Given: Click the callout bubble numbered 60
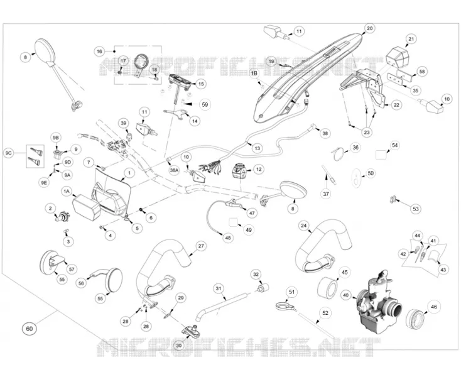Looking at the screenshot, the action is [30, 328].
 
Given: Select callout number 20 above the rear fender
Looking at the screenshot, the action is [369, 28].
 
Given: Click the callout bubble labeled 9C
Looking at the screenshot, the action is [9, 153].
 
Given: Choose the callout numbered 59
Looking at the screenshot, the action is [205, 104].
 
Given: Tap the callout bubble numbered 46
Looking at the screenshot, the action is [433, 307].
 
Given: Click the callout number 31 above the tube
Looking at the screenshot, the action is [218, 288].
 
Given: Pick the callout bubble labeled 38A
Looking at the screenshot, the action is [174, 170].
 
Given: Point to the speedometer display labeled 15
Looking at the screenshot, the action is [180, 80].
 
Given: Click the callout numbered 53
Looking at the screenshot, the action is [415, 209].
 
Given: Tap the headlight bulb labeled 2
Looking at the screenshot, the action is [62, 217].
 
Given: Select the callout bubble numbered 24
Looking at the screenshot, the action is [304, 226].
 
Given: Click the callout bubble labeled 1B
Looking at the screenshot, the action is [254, 73].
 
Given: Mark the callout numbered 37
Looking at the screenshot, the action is [326, 194].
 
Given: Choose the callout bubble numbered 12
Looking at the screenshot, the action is [258, 170].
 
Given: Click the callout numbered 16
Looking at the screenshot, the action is [100, 52].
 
